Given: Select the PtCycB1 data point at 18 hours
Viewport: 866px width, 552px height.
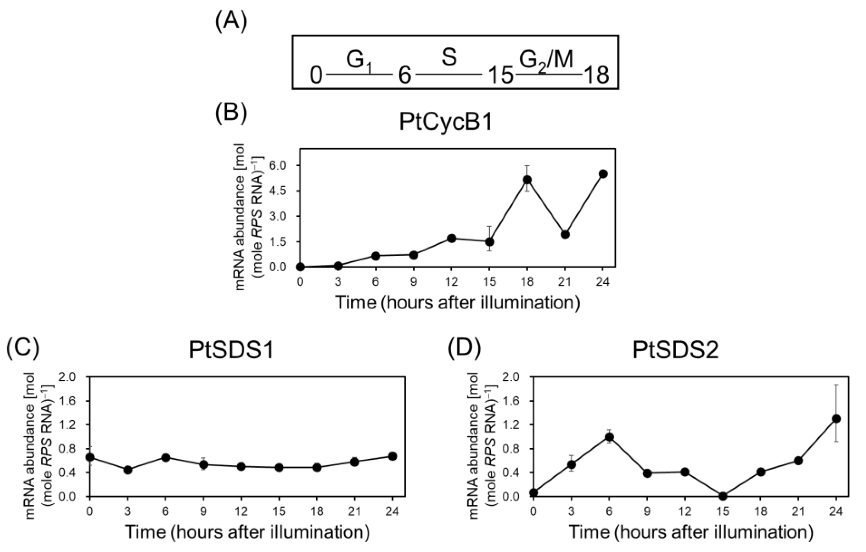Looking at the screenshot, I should pos(527,180).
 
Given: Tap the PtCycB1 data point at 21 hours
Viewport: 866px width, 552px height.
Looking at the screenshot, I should pos(565,234).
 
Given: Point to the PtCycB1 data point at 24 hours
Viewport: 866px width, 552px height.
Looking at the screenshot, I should pos(603,174).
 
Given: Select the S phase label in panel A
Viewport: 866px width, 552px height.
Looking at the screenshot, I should pos(449,58).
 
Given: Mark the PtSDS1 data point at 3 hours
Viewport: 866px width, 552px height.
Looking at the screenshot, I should pos(128,470).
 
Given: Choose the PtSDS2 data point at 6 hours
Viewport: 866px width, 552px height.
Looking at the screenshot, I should pos(609,437).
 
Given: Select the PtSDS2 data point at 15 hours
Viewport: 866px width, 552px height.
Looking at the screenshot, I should pos(723,496).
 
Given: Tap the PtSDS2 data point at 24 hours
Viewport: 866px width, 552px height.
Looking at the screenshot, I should pos(836,419).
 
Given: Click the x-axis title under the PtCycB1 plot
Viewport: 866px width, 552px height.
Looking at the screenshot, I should pos(457,303).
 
